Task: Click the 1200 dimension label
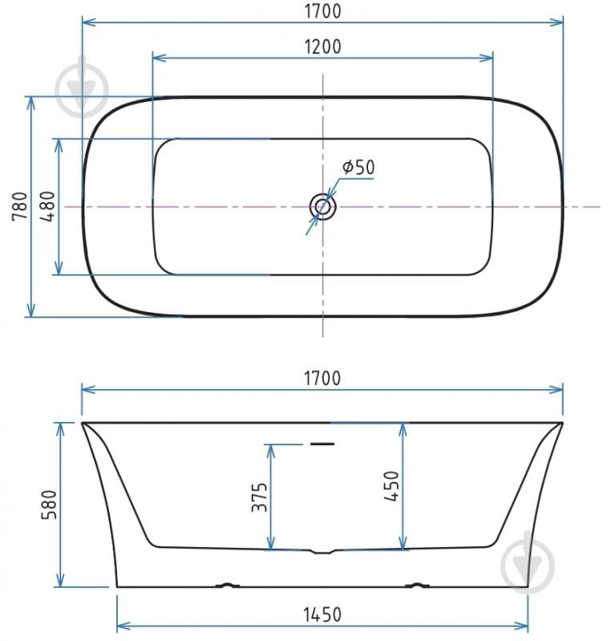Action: point(322,47)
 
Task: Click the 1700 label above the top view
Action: point(322,11)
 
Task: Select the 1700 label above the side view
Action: point(322,378)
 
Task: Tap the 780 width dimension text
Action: point(20,206)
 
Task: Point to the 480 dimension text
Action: point(48,206)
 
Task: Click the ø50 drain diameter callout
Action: point(358,167)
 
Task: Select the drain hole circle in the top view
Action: point(323,207)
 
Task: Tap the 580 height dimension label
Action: point(50,505)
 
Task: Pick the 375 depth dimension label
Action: point(260,497)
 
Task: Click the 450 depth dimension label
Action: point(391,486)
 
